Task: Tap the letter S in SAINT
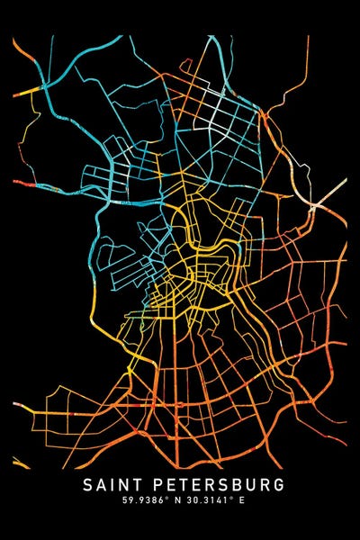click(x=87, y=485)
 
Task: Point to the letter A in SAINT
click(x=101, y=485)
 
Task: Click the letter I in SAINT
click(x=112, y=485)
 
